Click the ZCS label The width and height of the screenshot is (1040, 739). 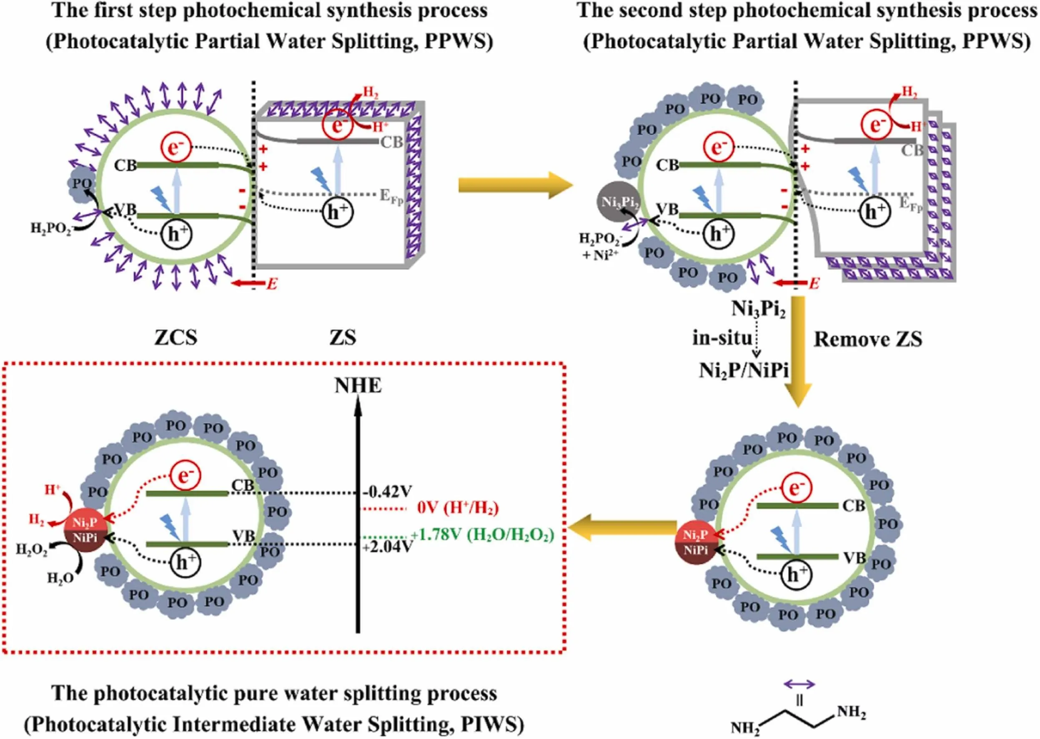[176, 338]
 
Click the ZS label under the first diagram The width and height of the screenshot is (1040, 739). [343, 338]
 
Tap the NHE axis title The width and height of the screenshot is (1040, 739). [358, 386]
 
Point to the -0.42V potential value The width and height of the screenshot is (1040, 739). [387, 492]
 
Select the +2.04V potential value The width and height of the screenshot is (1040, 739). [388, 547]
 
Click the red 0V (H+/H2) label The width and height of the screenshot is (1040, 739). [458, 508]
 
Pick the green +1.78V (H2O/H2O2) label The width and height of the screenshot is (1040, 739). [482, 535]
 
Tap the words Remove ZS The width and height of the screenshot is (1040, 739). [868, 339]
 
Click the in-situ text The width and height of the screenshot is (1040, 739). [722, 338]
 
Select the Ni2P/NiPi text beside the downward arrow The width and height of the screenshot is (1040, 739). [743, 371]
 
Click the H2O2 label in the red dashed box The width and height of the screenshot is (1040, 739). [32, 549]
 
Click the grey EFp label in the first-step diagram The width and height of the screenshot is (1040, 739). [391, 197]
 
